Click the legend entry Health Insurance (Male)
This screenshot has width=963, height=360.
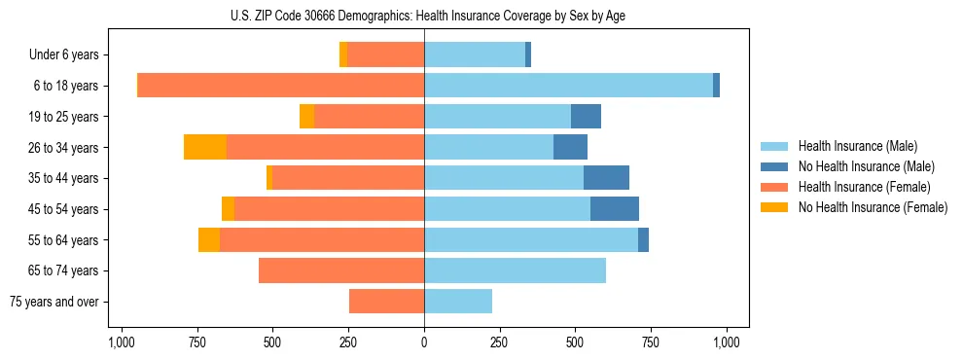857,146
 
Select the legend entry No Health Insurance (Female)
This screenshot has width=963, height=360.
872,207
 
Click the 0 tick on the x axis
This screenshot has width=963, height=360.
424,342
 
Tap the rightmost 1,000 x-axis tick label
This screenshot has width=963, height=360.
727,342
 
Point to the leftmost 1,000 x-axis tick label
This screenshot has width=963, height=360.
121,342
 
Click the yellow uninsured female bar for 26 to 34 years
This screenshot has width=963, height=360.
205,148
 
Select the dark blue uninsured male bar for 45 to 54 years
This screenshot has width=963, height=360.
615,209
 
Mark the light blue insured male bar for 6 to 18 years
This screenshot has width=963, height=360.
568,86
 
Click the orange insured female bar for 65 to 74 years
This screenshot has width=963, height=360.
341,270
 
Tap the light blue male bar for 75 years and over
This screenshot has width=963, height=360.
458,302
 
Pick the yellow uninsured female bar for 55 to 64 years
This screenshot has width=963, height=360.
209,240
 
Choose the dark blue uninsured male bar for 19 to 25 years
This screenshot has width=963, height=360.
586,117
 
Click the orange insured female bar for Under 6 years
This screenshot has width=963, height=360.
385,54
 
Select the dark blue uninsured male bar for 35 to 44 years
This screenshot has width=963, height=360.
606,178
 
